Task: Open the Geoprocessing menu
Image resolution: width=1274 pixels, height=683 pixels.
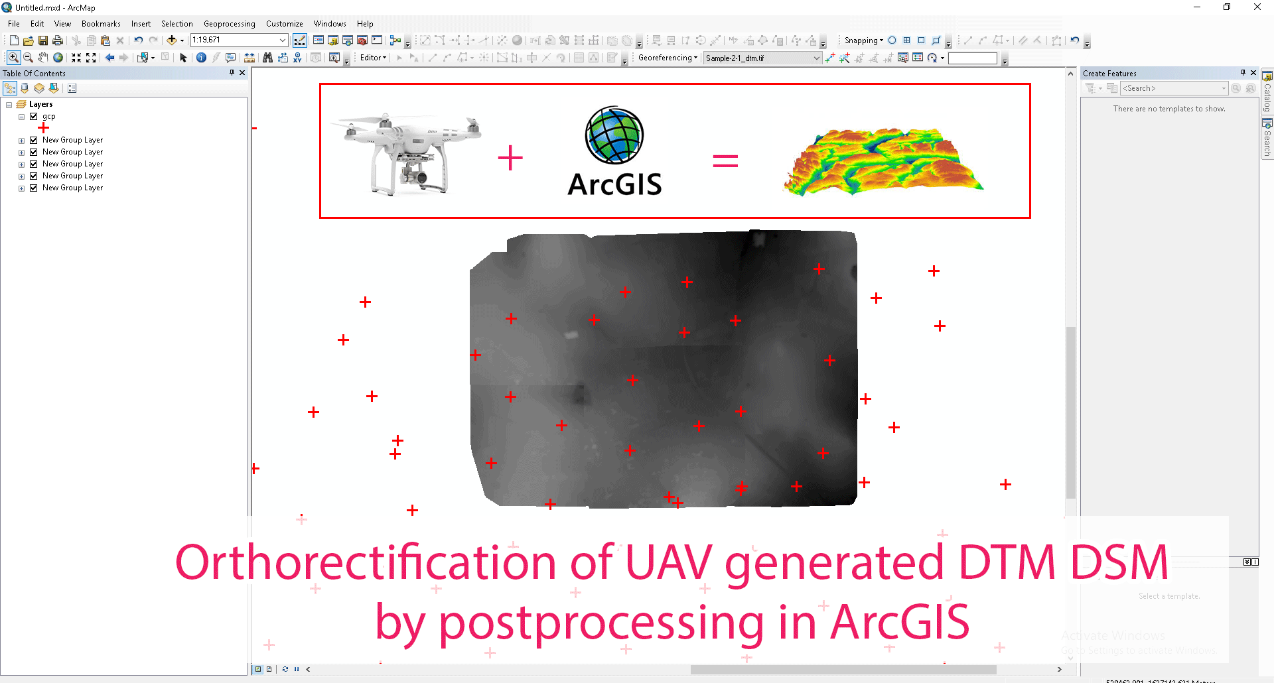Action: click(x=229, y=24)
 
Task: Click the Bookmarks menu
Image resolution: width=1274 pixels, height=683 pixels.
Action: click(x=101, y=24)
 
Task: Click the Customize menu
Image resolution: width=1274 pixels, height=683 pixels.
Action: click(x=284, y=24)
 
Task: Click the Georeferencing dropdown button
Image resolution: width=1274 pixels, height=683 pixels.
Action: click(x=668, y=58)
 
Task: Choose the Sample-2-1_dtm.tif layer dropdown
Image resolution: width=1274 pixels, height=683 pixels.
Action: click(x=762, y=58)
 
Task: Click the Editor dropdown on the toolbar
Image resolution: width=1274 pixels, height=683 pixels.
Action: click(x=373, y=58)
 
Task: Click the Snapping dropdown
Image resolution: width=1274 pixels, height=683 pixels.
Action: click(x=863, y=40)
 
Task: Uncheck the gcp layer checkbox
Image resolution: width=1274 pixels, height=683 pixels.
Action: click(x=34, y=116)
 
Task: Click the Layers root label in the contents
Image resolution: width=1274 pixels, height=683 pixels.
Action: click(x=40, y=104)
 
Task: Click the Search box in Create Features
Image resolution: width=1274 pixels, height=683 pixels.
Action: click(x=1171, y=88)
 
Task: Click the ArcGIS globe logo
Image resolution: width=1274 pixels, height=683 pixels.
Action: click(x=614, y=135)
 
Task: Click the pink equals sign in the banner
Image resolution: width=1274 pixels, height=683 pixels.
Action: click(x=725, y=160)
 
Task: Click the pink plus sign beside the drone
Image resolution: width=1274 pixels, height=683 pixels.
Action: click(x=510, y=158)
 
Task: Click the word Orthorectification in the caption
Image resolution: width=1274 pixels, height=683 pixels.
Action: click(x=366, y=562)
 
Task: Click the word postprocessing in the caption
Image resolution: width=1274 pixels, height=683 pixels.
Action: click(x=601, y=623)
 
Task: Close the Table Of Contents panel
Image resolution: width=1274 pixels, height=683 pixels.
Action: click(x=242, y=73)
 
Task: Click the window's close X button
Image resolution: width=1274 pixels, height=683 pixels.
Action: click(x=1257, y=7)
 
